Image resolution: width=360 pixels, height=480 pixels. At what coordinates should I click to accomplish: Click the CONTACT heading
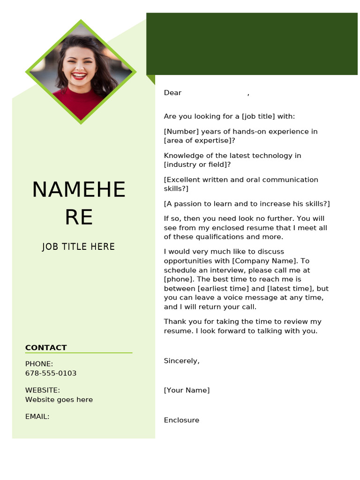click(x=46, y=347)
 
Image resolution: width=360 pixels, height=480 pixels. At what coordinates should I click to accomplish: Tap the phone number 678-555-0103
click(x=51, y=373)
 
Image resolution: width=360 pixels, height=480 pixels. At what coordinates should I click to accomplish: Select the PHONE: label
click(x=39, y=364)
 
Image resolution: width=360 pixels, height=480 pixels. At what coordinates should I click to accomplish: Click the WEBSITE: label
click(x=42, y=390)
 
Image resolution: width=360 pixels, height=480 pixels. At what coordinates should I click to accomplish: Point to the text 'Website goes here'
click(x=59, y=399)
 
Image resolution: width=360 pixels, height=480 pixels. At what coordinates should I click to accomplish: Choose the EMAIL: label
click(x=37, y=416)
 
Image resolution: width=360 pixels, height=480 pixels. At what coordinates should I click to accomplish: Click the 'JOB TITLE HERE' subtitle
click(x=78, y=247)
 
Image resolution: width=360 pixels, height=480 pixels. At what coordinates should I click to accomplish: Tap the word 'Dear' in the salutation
click(x=172, y=93)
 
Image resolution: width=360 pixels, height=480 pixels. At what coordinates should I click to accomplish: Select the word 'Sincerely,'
click(x=181, y=360)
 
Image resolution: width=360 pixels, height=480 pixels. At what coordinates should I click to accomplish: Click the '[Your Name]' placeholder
click(x=187, y=390)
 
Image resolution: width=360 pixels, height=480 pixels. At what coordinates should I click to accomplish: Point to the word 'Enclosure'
click(x=181, y=420)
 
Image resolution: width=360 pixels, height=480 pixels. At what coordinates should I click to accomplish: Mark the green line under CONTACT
click(x=79, y=352)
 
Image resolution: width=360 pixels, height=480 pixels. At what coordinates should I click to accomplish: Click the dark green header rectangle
click(x=252, y=44)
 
